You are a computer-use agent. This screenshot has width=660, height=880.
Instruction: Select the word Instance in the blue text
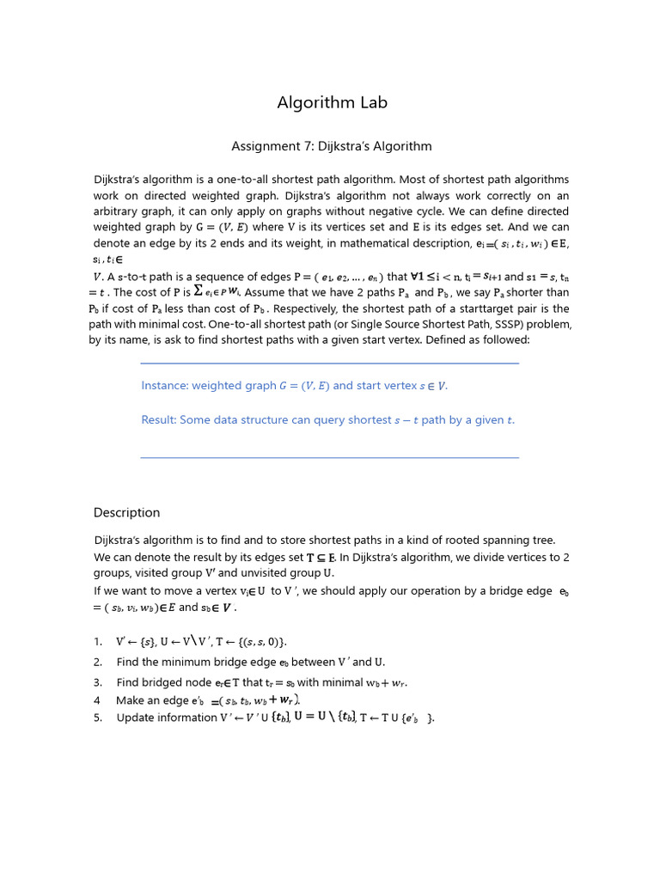pyautogui.click(x=165, y=386)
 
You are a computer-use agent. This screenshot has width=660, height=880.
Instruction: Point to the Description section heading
pyautogui.click(x=126, y=513)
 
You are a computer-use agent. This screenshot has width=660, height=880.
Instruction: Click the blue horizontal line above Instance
pyautogui.click(x=329, y=364)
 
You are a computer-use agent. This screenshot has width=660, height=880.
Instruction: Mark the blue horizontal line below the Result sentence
pyautogui.click(x=329, y=457)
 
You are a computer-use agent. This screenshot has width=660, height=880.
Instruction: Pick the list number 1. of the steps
pyautogui.click(x=98, y=642)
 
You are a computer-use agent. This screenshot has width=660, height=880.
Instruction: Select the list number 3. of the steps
pyautogui.click(x=98, y=682)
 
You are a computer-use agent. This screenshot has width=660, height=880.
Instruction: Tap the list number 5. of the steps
pyautogui.click(x=98, y=718)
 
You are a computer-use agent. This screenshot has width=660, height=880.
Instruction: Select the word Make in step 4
pyautogui.click(x=131, y=700)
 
